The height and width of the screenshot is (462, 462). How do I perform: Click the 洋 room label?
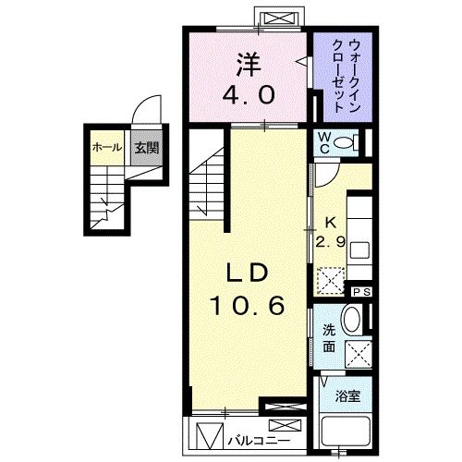pos(247,66)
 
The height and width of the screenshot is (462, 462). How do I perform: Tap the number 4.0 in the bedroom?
pos(247,93)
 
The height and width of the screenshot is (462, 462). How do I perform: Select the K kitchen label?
pos(329,223)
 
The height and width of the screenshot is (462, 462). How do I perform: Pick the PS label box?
pos(361,291)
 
